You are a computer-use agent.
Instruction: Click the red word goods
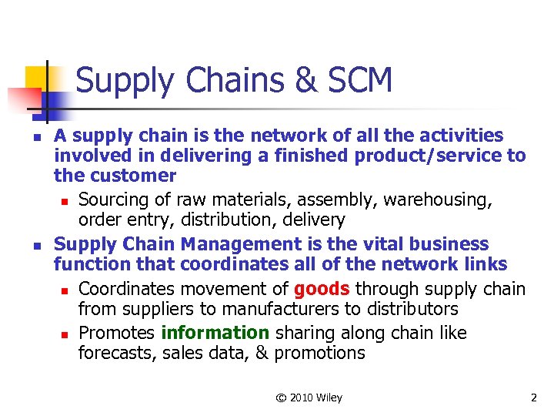click(322, 289)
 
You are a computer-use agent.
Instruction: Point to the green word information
click(215, 333)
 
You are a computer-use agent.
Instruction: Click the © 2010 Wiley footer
click(310, 398)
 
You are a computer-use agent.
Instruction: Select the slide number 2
click(533, 398)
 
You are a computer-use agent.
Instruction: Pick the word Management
click(235, 244)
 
